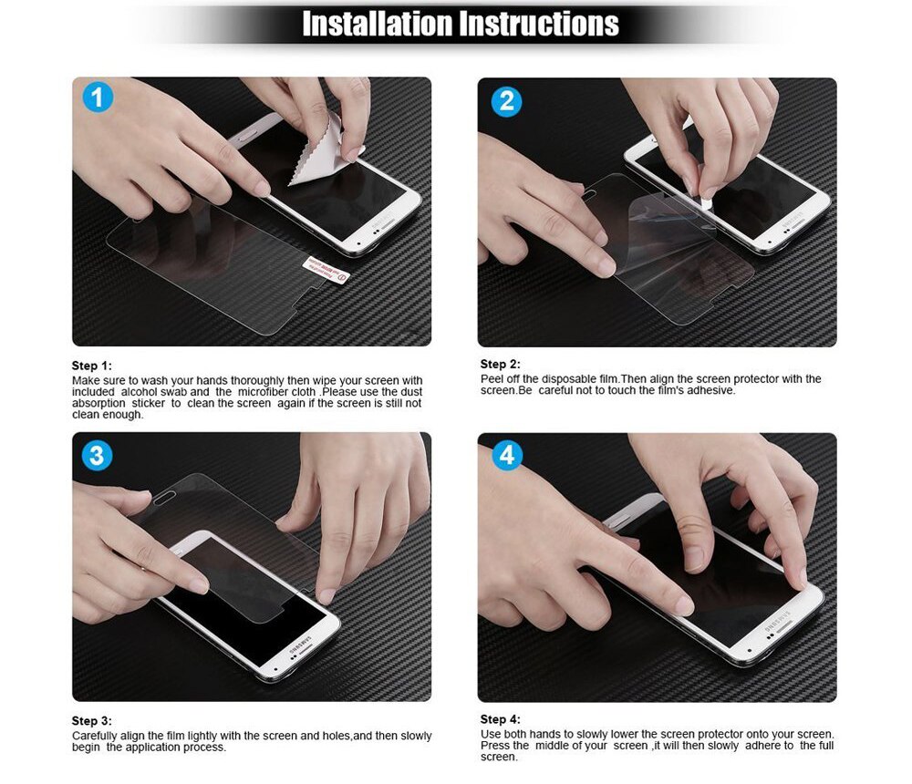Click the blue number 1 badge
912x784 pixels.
point(98,98)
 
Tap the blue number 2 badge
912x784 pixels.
point(506,101)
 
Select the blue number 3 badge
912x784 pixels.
point(97,455)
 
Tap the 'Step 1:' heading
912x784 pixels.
point(91,366)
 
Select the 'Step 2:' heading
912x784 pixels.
point(500,365)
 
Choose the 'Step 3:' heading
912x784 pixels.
point(91,721)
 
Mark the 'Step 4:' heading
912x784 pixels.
point(500,719)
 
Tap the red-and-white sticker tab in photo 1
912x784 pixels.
point(326,267)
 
